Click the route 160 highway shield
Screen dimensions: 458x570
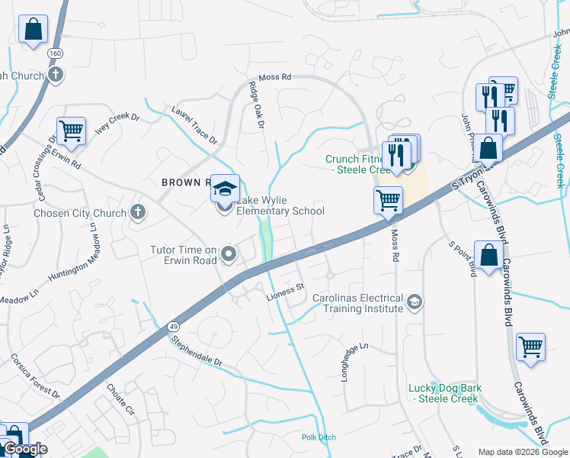tap(55, 53)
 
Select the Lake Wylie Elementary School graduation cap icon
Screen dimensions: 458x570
tap(225, 188)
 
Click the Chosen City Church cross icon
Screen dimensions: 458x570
tap(137, 211)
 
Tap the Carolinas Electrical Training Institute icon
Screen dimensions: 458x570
tap(414, 302)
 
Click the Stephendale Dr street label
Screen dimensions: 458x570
tap(196, 351)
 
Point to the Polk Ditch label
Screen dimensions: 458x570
tap(318, 437)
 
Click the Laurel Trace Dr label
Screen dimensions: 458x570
tap(194, 125)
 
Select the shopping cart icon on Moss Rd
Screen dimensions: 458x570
tap(388, 200)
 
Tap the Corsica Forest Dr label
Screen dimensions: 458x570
tap(35, 376)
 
